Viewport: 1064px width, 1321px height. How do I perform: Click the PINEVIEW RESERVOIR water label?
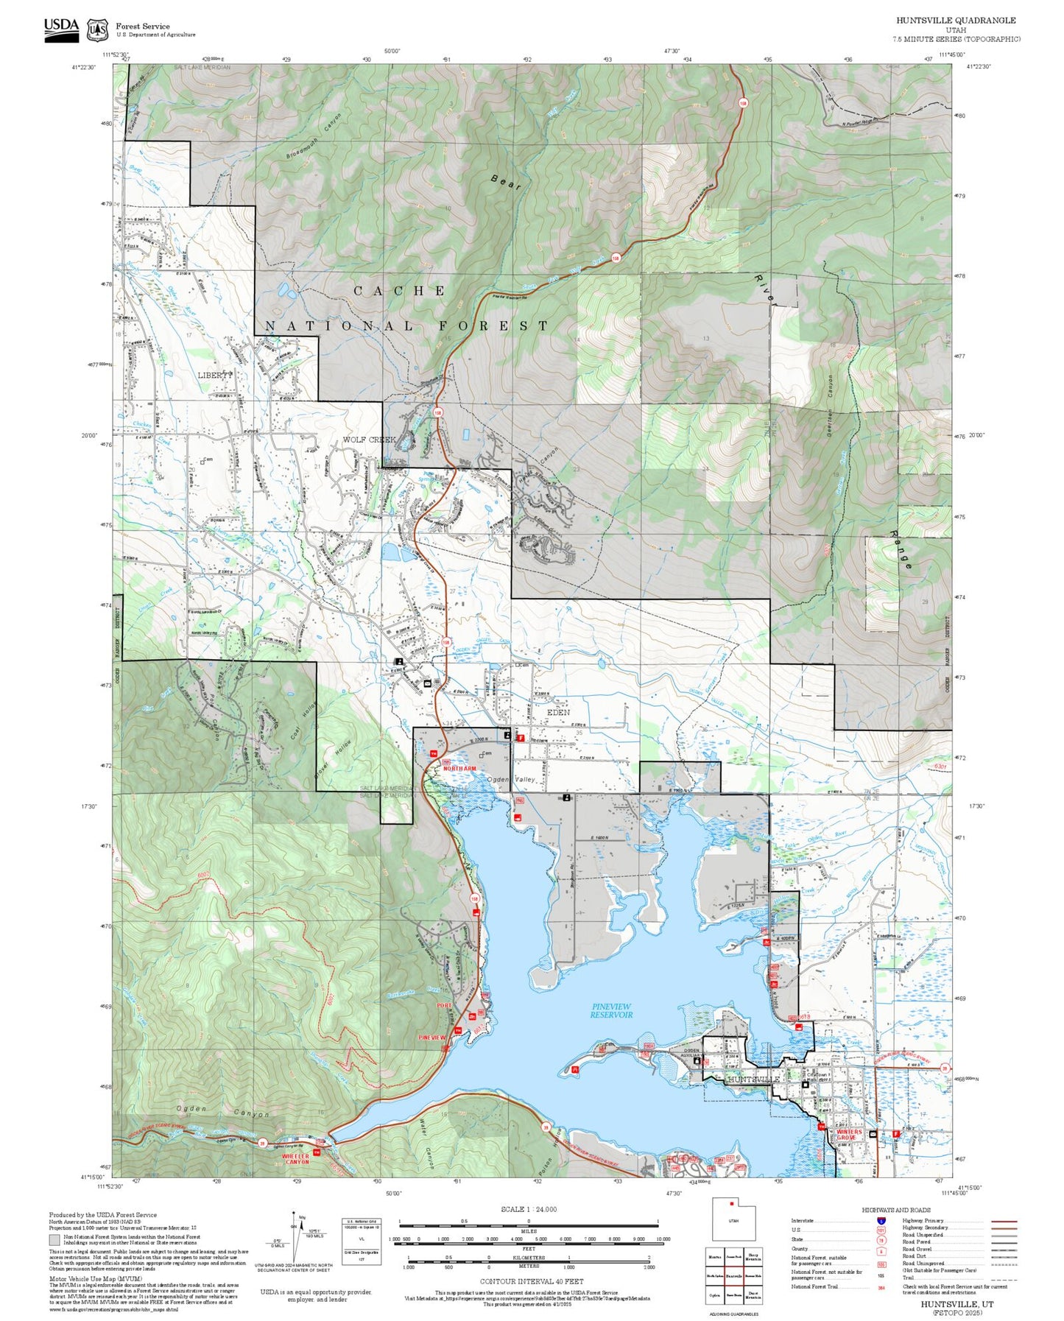[x=610, y=1010]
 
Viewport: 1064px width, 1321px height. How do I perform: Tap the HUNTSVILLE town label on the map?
[x=753, y=1079]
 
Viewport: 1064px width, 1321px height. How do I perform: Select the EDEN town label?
[x=558, y=713]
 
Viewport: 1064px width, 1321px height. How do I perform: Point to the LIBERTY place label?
[x=215, y=375]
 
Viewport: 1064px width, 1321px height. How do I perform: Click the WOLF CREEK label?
[x=369, y=440]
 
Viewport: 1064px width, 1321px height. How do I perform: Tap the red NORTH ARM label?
[x=459, y=768]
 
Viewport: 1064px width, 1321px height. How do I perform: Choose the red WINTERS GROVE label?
[x=848, y=1135]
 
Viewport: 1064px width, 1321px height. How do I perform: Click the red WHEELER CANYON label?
[x=296, y=1159]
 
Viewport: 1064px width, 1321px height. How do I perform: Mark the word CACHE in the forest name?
[x=400, y=291]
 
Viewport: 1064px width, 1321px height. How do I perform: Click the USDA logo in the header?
[x=61, y=29]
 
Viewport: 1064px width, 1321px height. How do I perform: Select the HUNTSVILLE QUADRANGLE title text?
[x=956, y=21]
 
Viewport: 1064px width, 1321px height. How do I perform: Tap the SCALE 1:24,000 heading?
[x=528, y=1209]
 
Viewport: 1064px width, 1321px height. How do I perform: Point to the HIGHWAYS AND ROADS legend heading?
[x=895, y=1210]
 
